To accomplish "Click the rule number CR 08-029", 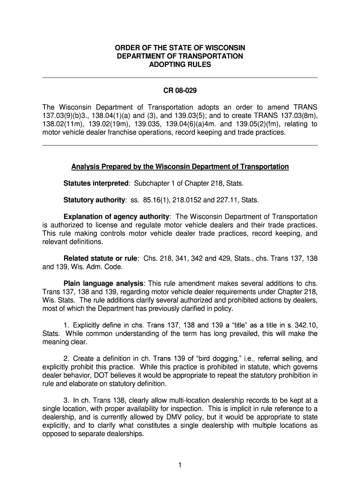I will [180, 90].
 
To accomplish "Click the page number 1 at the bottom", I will [180, 465].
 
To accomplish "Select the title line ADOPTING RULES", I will [180, 65].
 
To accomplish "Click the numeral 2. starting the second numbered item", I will [66, 359].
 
